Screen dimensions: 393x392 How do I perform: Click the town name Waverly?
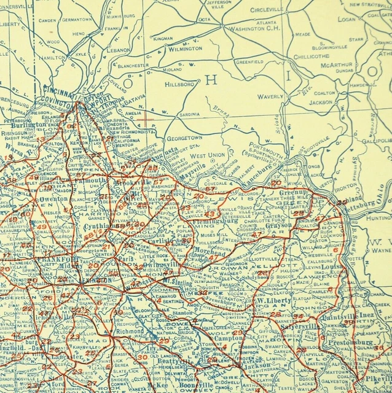coord(270,96)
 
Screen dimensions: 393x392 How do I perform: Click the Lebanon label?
coord(119,49)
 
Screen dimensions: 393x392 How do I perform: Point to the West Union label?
coord(208,155)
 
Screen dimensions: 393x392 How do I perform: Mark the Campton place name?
coord(227,338)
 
